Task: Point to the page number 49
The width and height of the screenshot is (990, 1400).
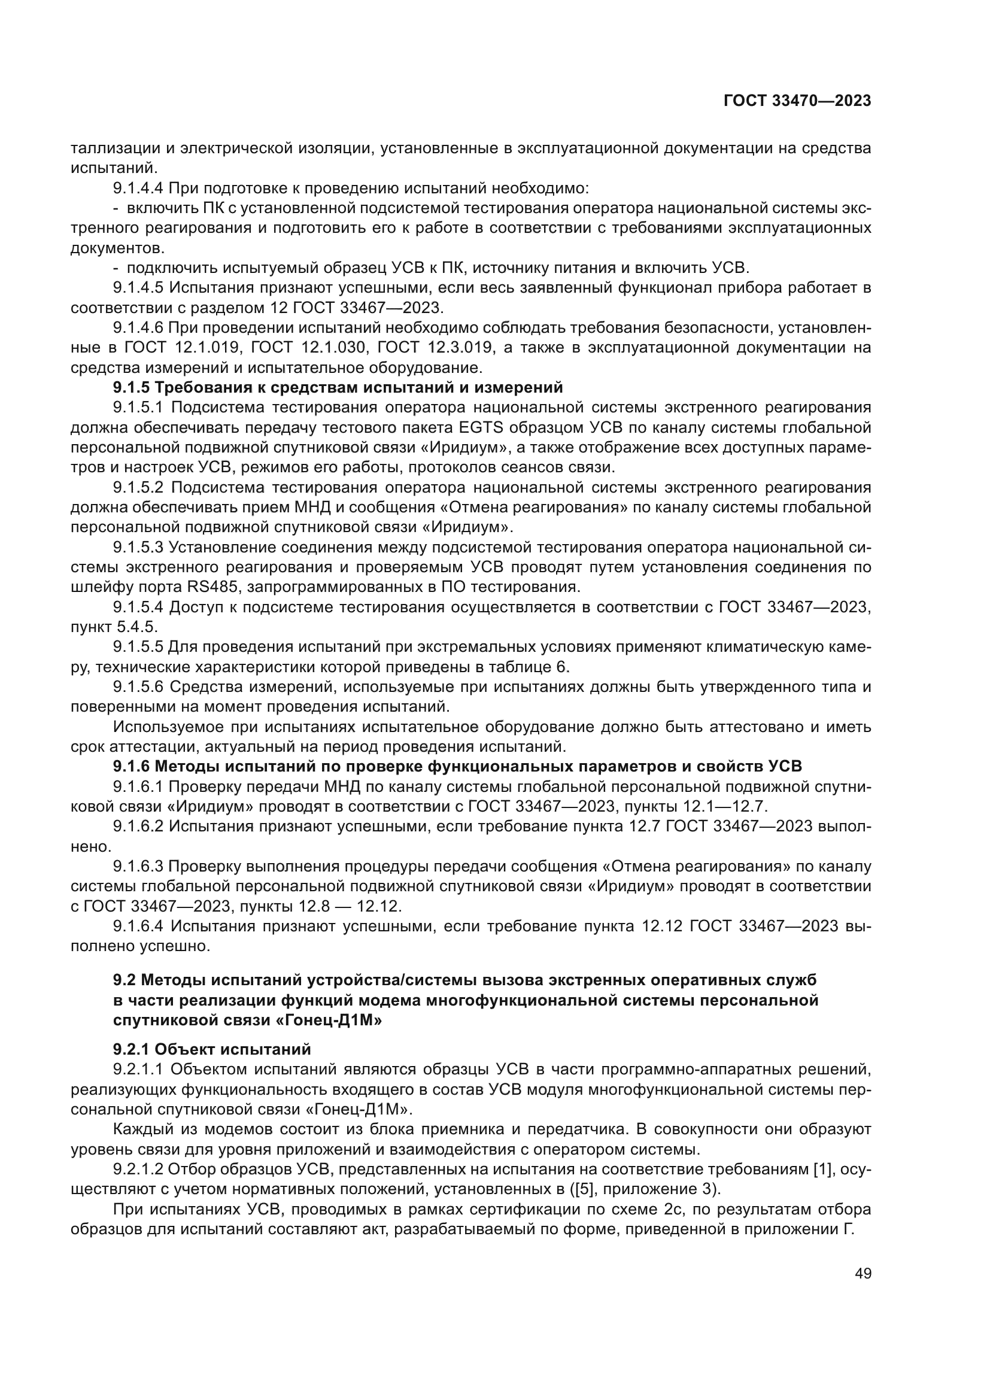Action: [863, 1274]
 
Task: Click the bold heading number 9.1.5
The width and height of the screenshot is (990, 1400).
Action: [132, 388]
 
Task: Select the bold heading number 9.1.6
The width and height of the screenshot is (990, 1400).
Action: [132, 767]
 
